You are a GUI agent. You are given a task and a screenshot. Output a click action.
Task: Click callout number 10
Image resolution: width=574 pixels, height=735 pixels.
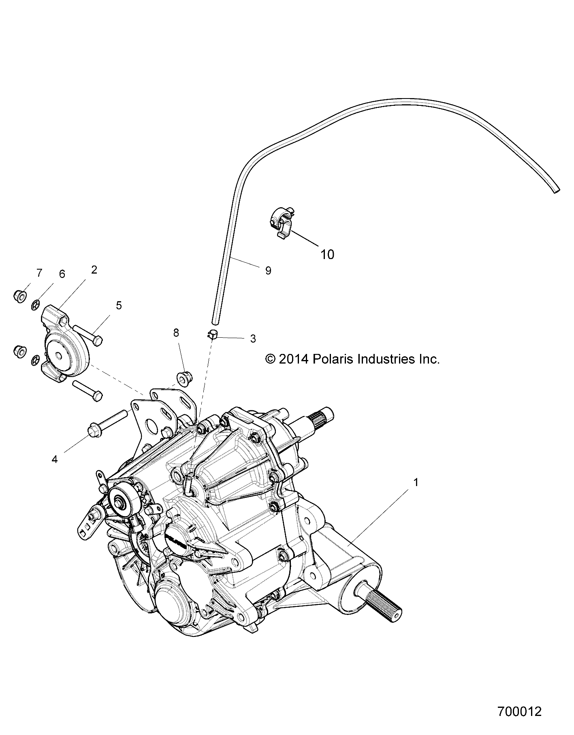(327, 255)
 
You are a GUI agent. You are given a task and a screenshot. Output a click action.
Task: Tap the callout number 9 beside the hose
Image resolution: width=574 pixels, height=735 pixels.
(268, 271)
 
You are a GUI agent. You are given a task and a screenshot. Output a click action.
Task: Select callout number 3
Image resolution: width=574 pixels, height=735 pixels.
(253, 339)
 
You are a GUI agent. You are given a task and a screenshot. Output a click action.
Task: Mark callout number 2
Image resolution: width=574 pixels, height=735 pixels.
(94, 270)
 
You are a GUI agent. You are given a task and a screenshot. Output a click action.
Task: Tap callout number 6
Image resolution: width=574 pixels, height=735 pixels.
(62, 274)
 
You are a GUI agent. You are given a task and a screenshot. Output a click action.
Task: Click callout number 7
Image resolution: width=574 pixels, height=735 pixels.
(39, 273)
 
